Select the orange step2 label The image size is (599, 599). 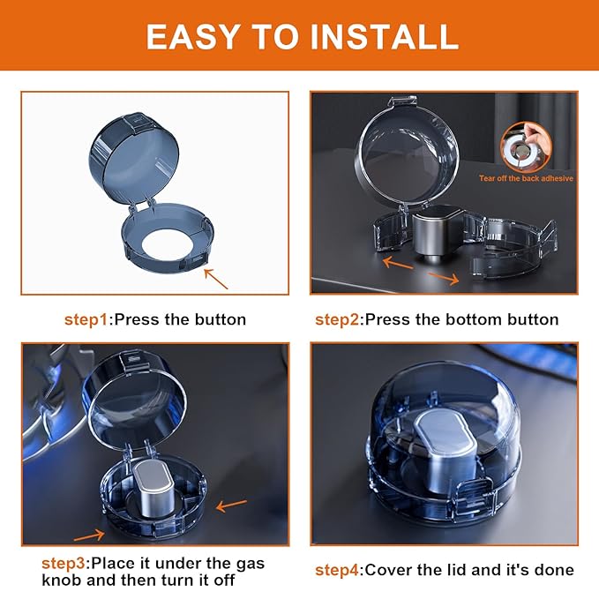point(338,319)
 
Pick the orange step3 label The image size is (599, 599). point(65,563)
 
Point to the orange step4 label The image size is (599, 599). point(338,570)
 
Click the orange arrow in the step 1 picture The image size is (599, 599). point(215,279)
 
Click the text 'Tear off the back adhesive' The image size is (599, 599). point(526,178)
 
